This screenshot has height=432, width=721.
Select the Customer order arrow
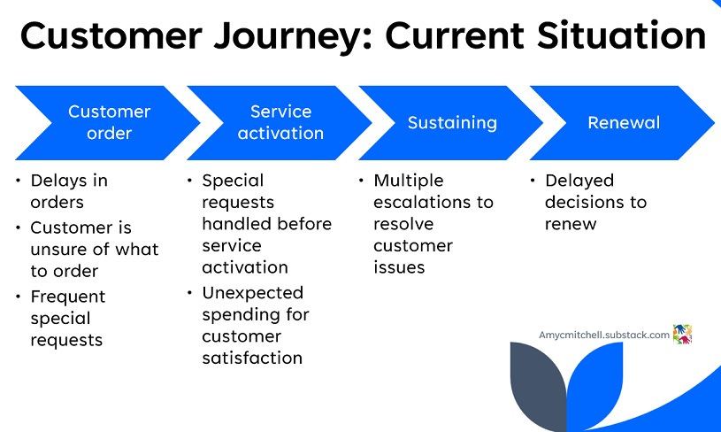(x=108, y=123)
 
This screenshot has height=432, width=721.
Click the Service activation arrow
(x=280, y=123)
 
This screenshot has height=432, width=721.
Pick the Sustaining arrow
(x=450, y=123)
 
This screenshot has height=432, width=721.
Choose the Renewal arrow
(x=622, y=123)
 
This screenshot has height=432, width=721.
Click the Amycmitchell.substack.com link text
(x=603, y=335)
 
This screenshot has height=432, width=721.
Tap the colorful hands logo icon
(x=682, y=334)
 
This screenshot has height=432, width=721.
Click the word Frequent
(x=68, y=297)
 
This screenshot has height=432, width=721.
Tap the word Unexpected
(x=252, y=294)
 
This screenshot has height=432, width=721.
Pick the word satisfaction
(x=252, y=358)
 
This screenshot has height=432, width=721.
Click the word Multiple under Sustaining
(x=409, y=181)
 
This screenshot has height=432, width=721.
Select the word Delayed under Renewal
(x=579, y=181)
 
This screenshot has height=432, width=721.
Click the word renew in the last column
(x=571, y=225)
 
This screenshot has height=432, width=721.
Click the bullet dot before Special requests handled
(x=189, y=181)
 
